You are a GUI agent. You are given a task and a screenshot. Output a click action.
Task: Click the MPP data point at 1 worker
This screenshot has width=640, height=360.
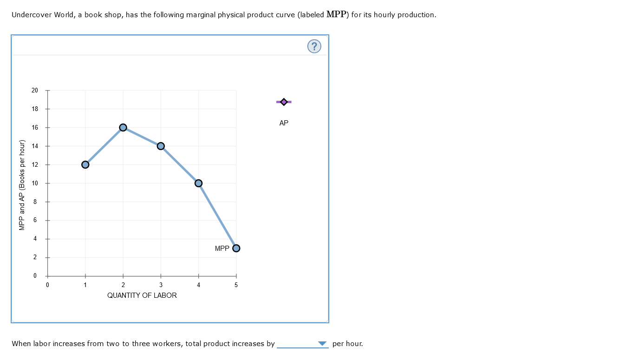click(x=85, y=164)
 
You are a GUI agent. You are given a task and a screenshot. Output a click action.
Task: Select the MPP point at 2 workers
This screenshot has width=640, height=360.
click(x=123, y=127)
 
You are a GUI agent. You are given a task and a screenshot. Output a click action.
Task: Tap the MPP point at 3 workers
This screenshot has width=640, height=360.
click(x=161, y=146)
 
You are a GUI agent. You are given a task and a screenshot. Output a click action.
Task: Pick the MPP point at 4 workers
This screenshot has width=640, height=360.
click(x=198, y=183)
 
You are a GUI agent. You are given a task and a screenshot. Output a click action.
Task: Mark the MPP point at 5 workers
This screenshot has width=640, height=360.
click(x=236, y=248)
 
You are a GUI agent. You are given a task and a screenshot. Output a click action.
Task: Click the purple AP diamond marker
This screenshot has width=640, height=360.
click(x=284, y=102)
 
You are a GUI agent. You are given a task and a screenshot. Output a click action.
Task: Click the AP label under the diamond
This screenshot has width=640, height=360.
click(x=284, y=123)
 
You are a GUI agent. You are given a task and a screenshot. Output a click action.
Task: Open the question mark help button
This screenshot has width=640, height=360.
click(x=314, y=46)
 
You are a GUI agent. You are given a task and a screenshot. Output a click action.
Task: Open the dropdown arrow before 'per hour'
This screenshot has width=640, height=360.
click(x=322, y=344)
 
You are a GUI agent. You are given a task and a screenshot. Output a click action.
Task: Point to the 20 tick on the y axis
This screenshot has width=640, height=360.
click(x=35, y=90)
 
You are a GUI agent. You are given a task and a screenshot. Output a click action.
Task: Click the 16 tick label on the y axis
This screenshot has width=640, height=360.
click(x=35, y=127)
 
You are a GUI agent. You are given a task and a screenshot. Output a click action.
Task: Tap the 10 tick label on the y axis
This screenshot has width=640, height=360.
click(x=35, y=183)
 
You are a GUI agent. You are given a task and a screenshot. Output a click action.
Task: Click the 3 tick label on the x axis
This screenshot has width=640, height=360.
click(x=161, y=285)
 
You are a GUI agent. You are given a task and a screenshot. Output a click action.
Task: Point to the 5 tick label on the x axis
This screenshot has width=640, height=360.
click(x=236, y=285)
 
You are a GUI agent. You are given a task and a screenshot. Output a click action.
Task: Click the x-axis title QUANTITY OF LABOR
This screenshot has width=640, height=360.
click(x=142, y=295)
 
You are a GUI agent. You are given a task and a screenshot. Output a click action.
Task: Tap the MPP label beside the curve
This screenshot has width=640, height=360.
click(x=222, y=249)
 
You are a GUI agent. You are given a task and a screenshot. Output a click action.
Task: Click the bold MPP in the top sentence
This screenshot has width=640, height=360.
click(x=337, y=14)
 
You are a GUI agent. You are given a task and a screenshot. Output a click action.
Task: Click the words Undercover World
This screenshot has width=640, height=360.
click(x=42, y=15)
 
